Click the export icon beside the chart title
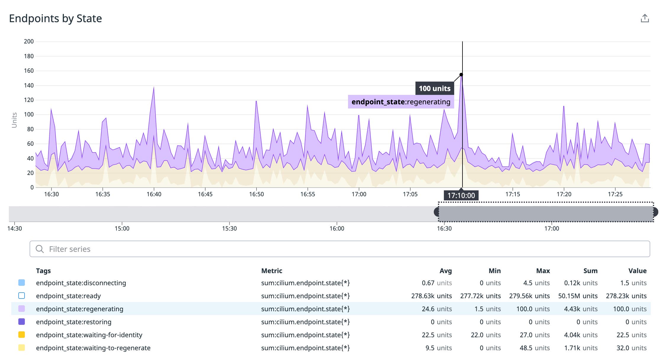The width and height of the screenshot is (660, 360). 645,18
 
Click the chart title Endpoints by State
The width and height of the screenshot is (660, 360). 55,18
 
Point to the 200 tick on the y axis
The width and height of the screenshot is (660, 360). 29,41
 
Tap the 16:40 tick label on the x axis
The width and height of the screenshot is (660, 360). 154,194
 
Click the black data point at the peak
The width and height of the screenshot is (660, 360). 461,74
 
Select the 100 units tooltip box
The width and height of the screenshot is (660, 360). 434,88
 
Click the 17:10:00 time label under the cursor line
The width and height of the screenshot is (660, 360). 461,195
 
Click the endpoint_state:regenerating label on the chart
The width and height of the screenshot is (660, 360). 401,102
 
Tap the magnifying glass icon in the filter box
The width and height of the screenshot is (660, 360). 40,249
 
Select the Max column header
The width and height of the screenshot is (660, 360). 543,271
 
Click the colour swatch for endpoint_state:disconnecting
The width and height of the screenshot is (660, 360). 22,283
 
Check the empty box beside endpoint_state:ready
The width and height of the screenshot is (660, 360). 22,296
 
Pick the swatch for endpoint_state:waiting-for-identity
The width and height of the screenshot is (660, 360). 22,335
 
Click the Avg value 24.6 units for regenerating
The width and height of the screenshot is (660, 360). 436,309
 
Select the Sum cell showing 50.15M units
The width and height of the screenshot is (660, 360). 577,296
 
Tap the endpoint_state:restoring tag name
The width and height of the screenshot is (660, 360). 74,322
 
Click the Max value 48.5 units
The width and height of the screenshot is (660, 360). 535,348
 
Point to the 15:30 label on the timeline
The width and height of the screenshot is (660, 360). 229,228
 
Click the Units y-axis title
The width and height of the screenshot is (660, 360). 14,120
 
